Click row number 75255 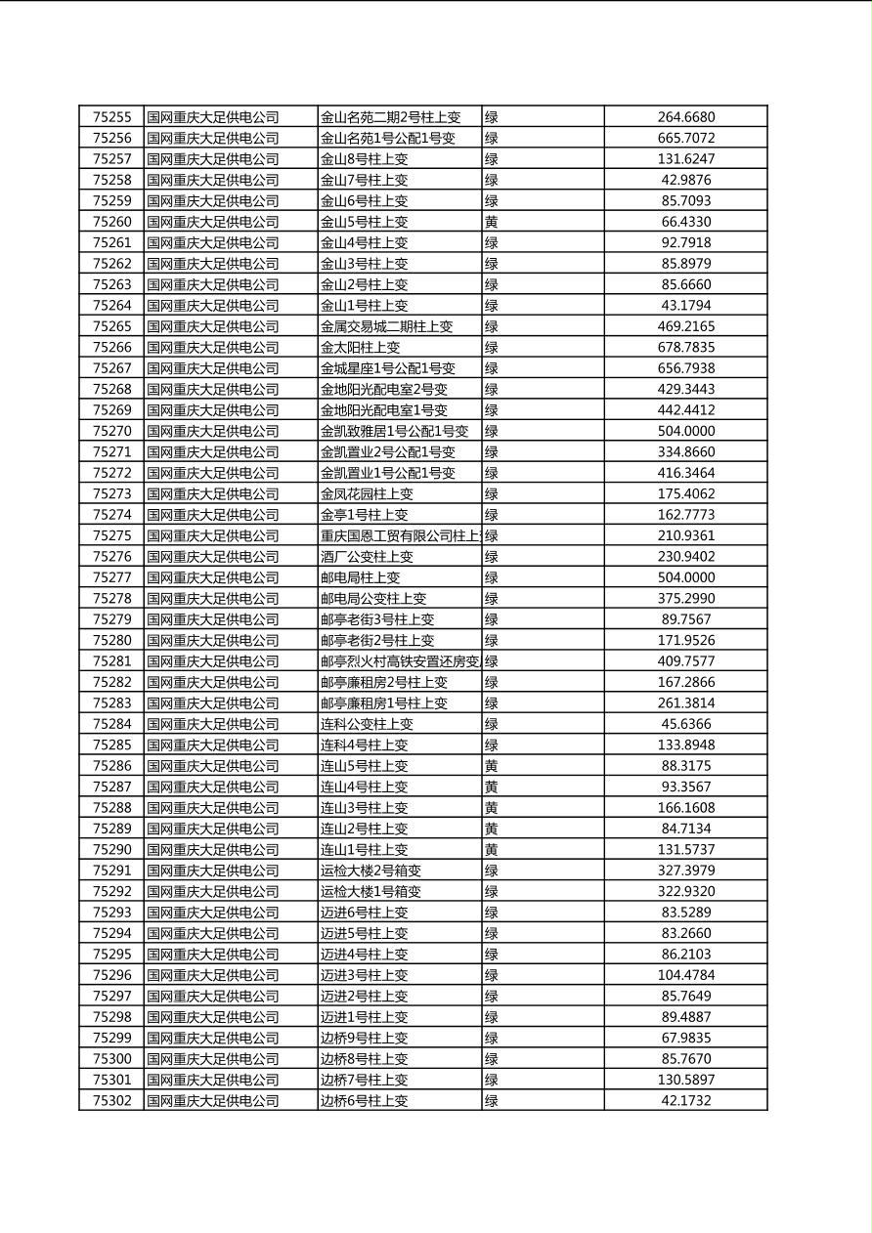[x=111, y=117]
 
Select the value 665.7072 [x=685, y=138]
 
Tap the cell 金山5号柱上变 [x=365, y=222]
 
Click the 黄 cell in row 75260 [x=492, y=222]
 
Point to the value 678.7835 [x=685, y=347]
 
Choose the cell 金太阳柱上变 [x=361, y=347]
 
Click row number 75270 [x=111, y=431]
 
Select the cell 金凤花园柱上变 [x=367, y=493]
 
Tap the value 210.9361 [x=685, y=535]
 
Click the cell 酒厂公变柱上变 [x=367, y=556]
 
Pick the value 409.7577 [x=685, y=660]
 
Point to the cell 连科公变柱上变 [x=367, y=724]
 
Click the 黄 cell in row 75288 [x=492, y=807]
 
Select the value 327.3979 [x=685, y=871]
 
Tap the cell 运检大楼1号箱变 [x=371, y=891]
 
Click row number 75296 [x=111, y=975]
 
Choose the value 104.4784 [x=685, y=975]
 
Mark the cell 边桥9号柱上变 [x=365, y=1038]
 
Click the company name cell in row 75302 [x=213, y=1100]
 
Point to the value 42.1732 [x=685, y=1100]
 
